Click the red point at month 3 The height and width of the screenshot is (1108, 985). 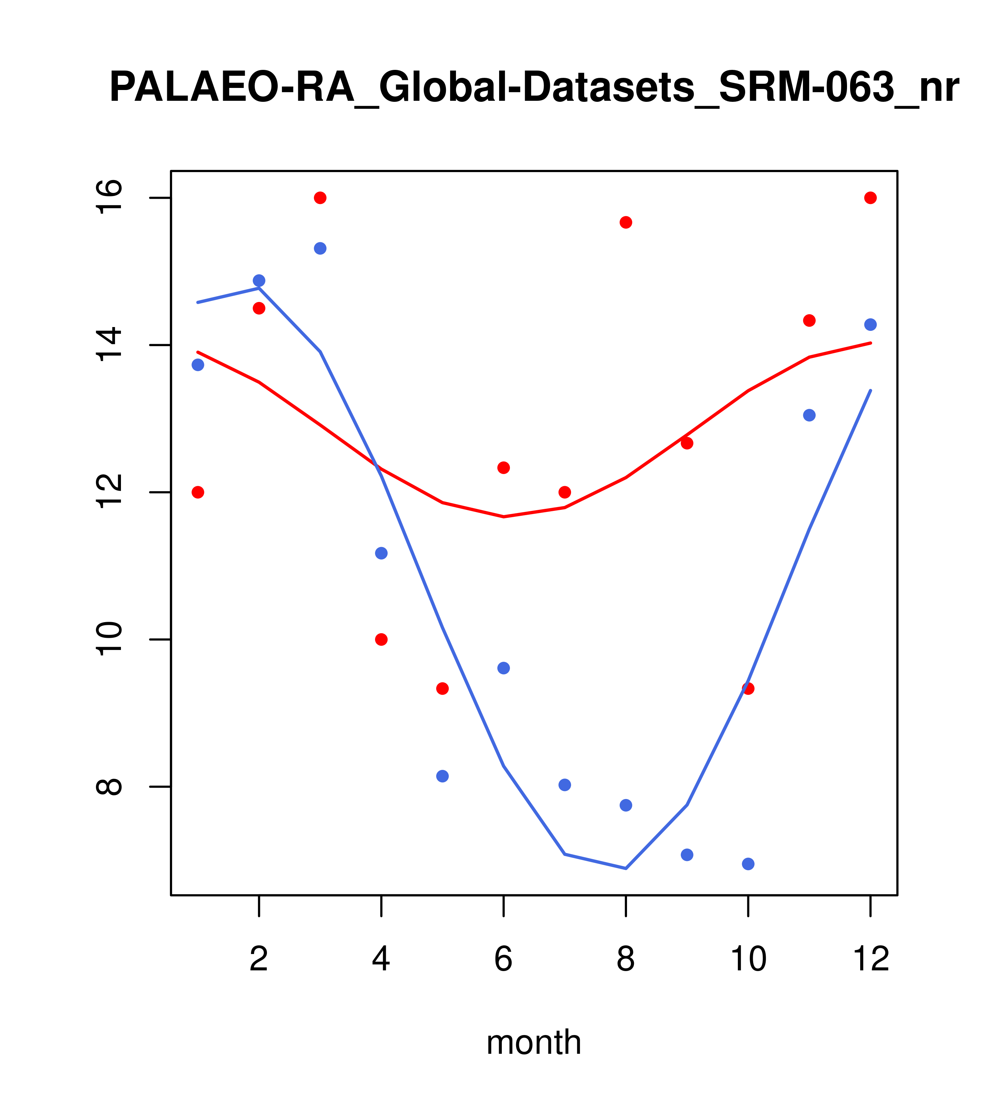point(320,198)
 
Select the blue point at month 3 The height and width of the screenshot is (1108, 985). point(320,248)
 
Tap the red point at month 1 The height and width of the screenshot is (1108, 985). point(198,492)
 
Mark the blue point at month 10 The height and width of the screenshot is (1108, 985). point(748,864)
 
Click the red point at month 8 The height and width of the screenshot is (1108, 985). point(626,222)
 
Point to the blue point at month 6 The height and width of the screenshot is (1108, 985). point(504,668)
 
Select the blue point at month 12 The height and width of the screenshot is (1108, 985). point(871,325)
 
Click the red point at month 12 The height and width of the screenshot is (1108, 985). point(871,198)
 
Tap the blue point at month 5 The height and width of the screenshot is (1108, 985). point(442,776)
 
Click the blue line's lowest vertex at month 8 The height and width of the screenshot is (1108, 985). point(626,869)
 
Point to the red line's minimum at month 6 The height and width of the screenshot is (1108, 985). point(504,516)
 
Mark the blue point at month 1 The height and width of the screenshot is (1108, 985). point(198,365)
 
